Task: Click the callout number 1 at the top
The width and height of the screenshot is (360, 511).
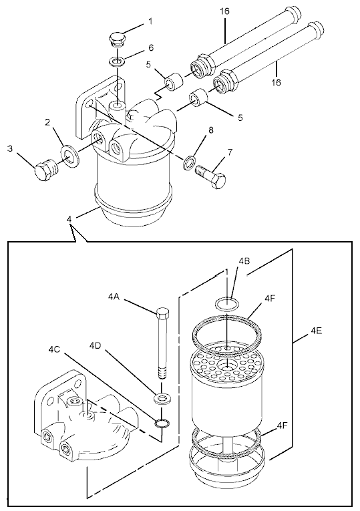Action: (x=150, y=21)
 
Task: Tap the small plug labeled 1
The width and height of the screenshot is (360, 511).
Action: (x=117, y=39)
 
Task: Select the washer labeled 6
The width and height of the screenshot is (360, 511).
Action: (x=116, y=61)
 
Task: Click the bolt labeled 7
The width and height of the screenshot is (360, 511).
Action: (x=210, y=177)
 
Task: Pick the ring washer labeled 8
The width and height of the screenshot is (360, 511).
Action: (x=189, y=162)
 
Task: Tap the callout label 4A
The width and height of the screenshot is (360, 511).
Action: (x=114, y=297)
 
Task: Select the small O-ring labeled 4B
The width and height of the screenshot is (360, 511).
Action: (x=227, y=304)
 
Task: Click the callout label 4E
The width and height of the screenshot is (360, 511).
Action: (x=317, y=331)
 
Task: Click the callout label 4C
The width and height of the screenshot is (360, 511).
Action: (x=54, y=349)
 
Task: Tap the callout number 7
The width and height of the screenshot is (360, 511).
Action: (x=230, y=152)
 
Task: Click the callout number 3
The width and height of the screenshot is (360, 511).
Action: (x=10, y=148)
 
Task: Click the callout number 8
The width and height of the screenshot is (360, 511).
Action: (x=211, y=130)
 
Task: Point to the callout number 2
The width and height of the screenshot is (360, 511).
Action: (x=47, y=122)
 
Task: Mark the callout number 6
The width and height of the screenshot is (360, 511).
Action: (x=151, y=47)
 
